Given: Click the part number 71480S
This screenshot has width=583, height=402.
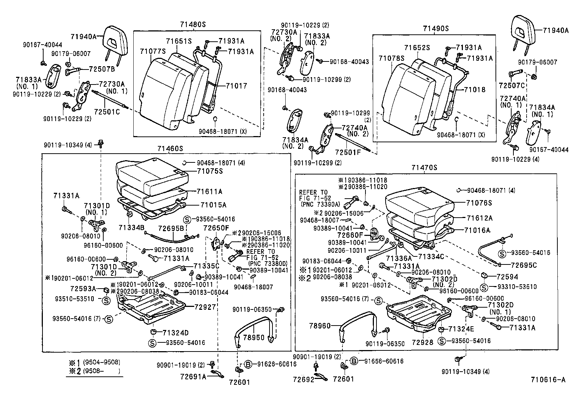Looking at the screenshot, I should click(193, 25).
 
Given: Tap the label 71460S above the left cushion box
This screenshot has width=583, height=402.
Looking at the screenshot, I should click(170, 149).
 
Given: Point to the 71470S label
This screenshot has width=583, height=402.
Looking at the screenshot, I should click(424, 168).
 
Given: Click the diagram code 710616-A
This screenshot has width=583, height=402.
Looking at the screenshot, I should click(547, 380).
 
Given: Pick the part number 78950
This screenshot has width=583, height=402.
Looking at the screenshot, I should click(254, 337).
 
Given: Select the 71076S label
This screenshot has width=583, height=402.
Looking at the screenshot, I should click(479, 203).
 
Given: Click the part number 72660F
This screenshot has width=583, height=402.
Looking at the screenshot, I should click(350, 235).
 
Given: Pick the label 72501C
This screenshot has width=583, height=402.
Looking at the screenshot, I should click(107, 112).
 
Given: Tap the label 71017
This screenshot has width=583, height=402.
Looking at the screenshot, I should click(236, 86).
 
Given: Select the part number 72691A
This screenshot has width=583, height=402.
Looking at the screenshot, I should click(193, 376).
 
